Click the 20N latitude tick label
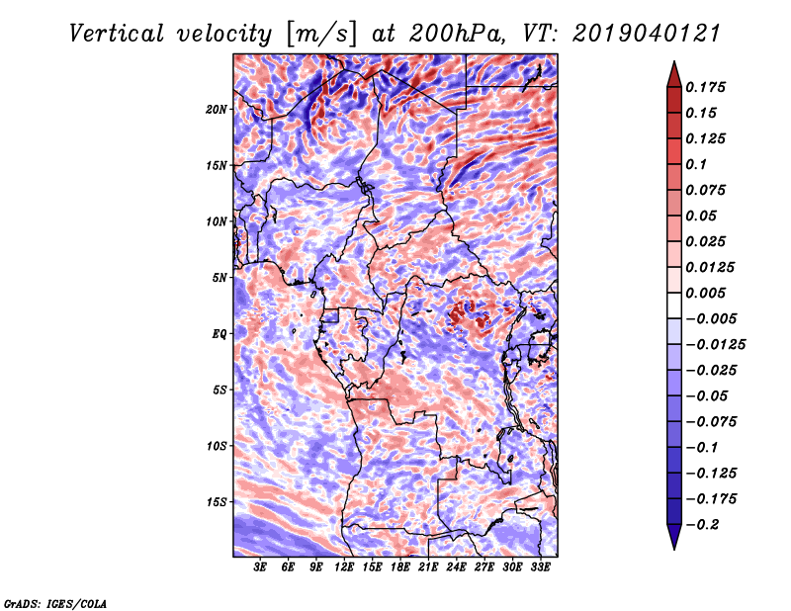217,109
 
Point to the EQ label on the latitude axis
220,333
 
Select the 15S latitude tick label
217,501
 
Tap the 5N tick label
220,277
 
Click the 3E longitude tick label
261,567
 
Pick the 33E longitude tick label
541,567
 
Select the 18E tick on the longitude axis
400,567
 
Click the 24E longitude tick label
457,567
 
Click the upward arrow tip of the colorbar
672,64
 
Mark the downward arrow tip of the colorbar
672,547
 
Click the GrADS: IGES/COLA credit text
54,602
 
